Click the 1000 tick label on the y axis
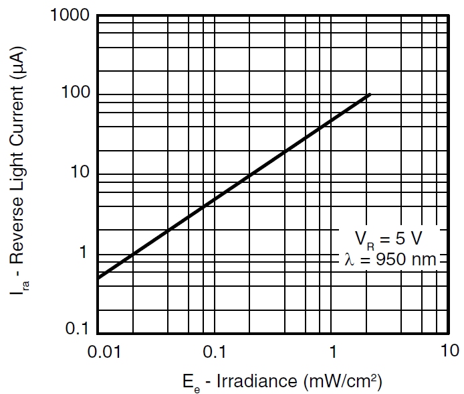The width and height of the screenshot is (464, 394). (x=70, y=15)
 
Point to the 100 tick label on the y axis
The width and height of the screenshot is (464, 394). (x=75, y=93)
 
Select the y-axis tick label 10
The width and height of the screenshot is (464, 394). (x=80, y=172)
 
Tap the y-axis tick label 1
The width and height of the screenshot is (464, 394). (x=84, y=252)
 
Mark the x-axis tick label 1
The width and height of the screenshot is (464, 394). (x=332, y=350)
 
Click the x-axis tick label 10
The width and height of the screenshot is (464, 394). (x=449, y=350)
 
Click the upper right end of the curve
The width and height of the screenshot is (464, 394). (x=370, y=94)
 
